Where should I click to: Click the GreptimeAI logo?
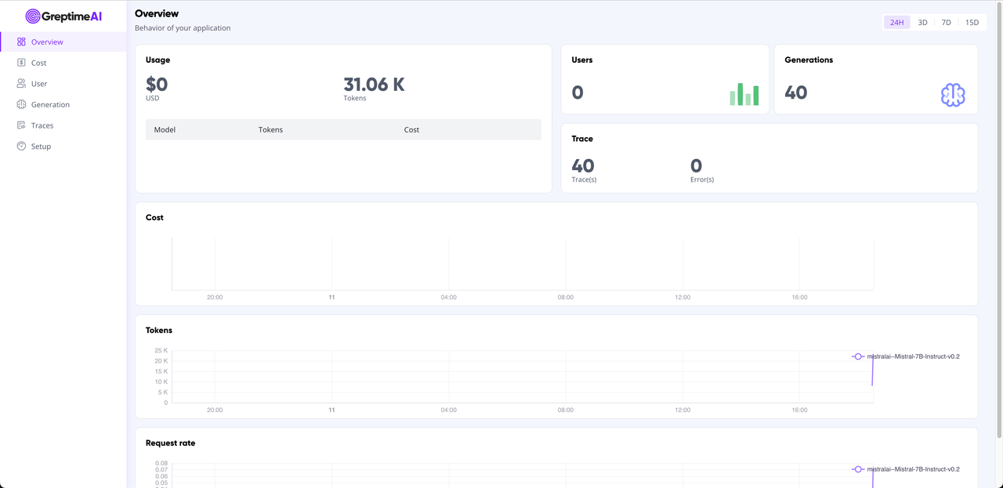[x=63, y=16]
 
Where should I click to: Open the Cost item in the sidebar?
[x=38, y=63]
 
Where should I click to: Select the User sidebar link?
[x=38, y=84]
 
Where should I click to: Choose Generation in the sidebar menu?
[x=50, y=104]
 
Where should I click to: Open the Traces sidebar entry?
[x=42, y=125]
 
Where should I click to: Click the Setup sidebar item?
[x=41, y=146]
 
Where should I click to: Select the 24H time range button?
[x=896, y=23]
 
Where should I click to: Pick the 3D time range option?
[x=922, y=23]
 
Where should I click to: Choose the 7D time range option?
[x=946, y=23]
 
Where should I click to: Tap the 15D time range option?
[x=972, y=23]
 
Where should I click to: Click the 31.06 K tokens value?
[x=374, y=85]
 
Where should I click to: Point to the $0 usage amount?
[x=157, y=85]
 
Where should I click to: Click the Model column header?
[x=165, y=130]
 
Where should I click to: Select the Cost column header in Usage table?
[x=411, y=130]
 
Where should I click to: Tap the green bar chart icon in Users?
[x=744, y=94]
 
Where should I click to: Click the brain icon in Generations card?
[x=952, y=95]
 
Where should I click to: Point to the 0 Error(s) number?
[x=696, y=165]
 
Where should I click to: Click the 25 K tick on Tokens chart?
[x=161, y=350]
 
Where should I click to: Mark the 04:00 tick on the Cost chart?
[x=448, y=298]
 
